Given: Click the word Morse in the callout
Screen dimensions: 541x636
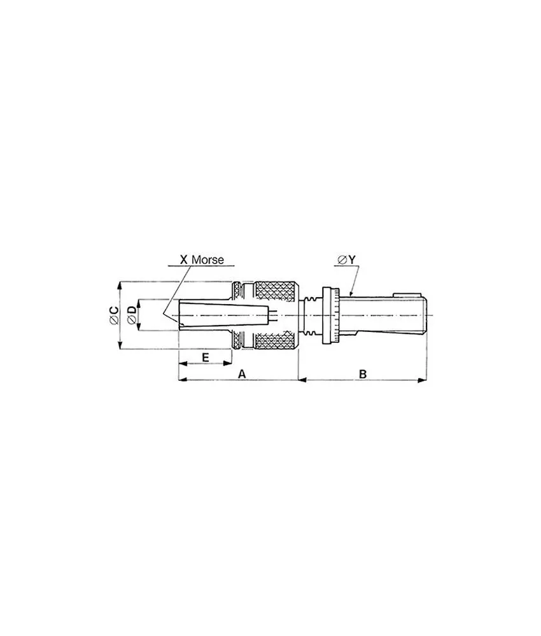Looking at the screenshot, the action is click(x=207, y=259).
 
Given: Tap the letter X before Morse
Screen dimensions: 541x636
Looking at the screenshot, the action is click(x=184, y=259).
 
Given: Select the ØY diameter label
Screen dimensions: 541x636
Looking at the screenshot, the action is click(x=346, y=259).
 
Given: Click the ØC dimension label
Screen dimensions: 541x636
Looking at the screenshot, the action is click(x=114, y=315).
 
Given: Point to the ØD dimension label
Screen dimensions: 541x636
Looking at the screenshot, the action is click(x=132, y=315).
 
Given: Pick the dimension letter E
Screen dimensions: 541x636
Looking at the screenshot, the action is click(x=206, y=357).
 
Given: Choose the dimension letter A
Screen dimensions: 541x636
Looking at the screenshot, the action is click(x=242, y=373).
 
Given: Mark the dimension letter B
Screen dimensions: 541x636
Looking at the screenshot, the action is click(x=363, y=373).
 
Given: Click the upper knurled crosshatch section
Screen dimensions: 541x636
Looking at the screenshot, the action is click(x=276, y=292).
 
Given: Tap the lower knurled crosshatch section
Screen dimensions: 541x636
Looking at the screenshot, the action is click(x=276, y=339).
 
